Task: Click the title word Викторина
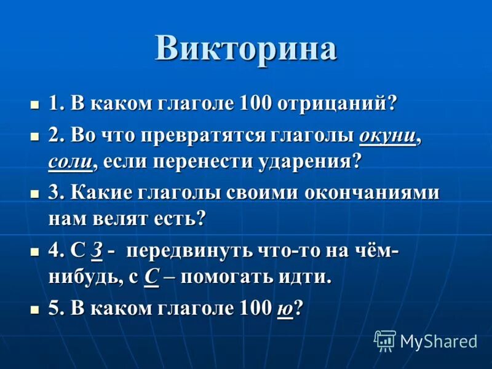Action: (245, 48)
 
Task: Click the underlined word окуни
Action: (387, 136)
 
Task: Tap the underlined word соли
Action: (69, 163)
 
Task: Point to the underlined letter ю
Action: (284, 309)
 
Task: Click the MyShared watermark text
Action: (438, 341)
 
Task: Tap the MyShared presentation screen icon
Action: (385, 340)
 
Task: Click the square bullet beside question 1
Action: (34, 103)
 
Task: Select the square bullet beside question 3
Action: (34, 192)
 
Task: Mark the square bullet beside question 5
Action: (34, 309)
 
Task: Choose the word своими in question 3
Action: (258, 192)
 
